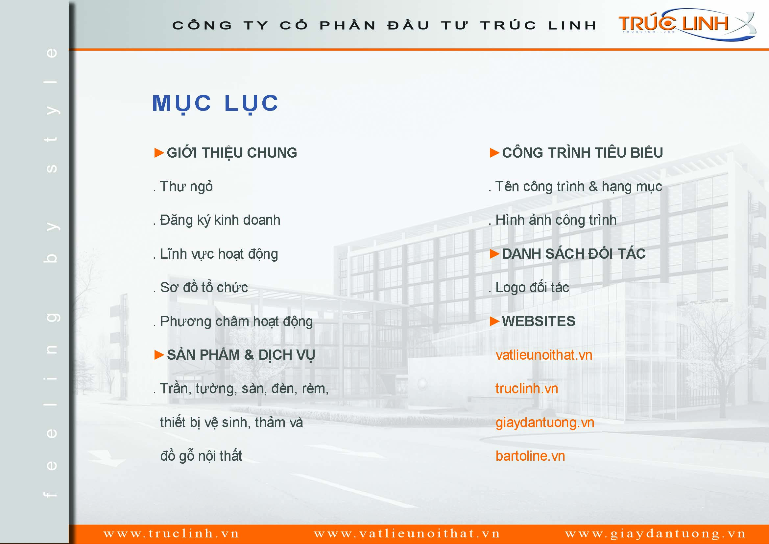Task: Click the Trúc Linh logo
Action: [x=686, y=24]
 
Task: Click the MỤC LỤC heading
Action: [x=215, y=104]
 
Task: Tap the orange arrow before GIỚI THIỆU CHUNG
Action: [x=159, y=153]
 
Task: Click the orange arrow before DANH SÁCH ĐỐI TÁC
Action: [x=494, y=254]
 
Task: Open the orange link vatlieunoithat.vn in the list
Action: [x=544, y=355]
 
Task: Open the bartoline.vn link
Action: [x=530, y=456]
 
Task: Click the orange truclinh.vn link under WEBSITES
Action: [x=527, y=389]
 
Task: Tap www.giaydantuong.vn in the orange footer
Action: [x=656, y=533]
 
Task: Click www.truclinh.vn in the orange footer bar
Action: [x=172, y=533]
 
